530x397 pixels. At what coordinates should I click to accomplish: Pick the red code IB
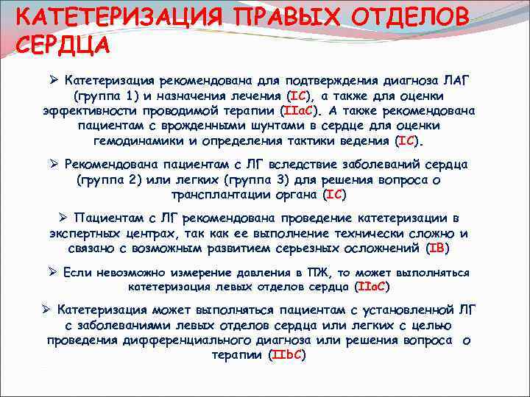coord(437,248)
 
